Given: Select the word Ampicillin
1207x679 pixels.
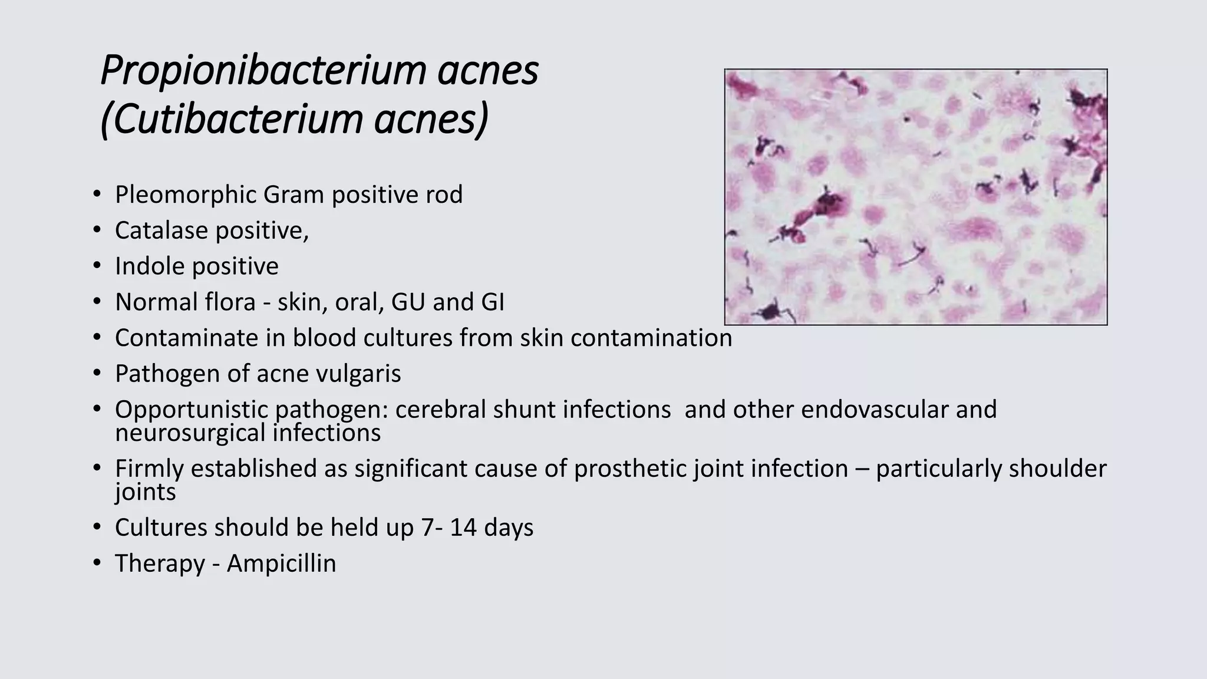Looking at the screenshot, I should [281, 563].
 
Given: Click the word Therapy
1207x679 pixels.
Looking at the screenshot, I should [160, 563].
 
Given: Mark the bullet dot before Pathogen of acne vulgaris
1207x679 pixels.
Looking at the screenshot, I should [97, 373].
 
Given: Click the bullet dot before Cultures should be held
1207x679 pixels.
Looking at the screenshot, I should [97, 527].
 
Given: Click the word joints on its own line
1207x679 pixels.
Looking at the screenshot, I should [145, 493].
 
